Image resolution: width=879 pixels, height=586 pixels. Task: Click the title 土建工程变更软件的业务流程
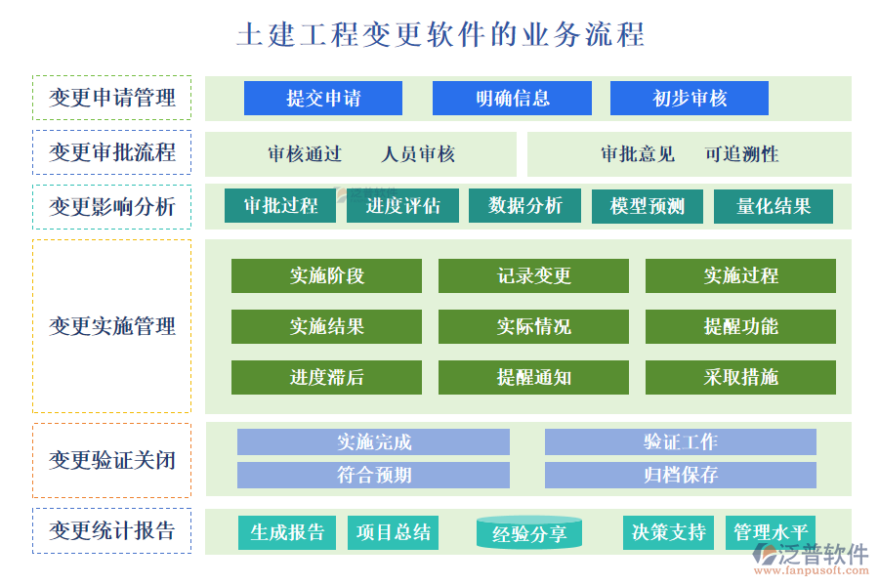[x=439, y=35]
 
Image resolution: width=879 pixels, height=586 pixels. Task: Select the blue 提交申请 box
[x=323, y=99]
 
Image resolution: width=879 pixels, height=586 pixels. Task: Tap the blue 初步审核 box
[x=690, y=99]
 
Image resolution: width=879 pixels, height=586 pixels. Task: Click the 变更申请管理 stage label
[x=112, y=98]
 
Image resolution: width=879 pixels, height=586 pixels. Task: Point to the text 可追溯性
[x=741, y=154]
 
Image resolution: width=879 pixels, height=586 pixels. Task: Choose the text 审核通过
[x=305, y=154]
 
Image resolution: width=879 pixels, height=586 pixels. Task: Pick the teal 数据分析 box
[x=525, y=206]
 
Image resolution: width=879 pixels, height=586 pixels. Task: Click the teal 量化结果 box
[x=774, y=206]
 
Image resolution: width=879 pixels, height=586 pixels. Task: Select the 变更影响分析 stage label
[x=112, y=207]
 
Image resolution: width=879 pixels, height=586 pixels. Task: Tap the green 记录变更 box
[x=533, y=276]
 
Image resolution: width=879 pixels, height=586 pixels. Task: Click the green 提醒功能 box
[x=740, y=327]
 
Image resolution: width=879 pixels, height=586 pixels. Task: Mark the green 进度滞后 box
[x=326, y=378]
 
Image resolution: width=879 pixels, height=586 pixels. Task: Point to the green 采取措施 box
[x=740, y=378]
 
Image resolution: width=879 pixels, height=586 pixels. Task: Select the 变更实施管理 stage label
[x=112, y=326]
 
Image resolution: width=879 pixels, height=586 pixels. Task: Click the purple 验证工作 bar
[x=680, y=442]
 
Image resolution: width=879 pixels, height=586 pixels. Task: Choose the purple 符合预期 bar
[x=373, y=476]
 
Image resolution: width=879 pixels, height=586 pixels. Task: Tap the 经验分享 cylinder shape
[x=529, y=533]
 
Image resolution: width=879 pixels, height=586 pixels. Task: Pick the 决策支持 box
[x=669, y=532]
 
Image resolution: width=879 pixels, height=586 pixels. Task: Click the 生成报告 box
[x=287, y=532]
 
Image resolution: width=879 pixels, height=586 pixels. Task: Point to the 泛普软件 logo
[x=811, y=557]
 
